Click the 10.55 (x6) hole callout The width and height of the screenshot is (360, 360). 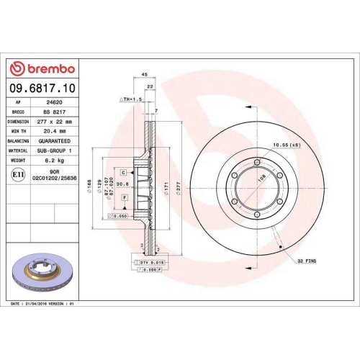coord(287,146)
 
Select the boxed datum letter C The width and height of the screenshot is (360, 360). coord(123,173)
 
